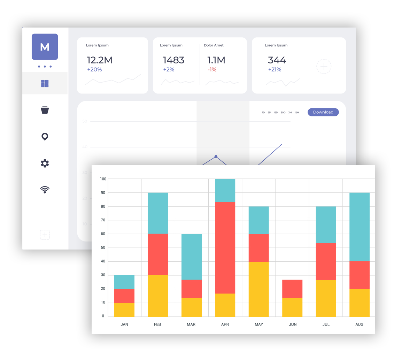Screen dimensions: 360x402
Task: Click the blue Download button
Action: [x=323, y=112]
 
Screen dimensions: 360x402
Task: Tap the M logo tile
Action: [x=45, y=47]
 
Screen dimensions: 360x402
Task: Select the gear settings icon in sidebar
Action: [x=45, y=163]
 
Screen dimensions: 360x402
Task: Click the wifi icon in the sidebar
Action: [x=45, y=190]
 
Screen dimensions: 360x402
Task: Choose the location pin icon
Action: [x=45, y=137]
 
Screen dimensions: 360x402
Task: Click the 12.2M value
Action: [x=99, y=60]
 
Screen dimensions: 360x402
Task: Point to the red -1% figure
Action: [x=212, y=70]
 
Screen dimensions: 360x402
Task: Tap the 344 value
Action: [x=277, y=60]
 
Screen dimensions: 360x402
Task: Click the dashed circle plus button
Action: [x=324, y=66]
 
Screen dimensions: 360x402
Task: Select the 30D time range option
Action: [x=283, y=113]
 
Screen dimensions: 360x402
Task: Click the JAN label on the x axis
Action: [x=124, y=324]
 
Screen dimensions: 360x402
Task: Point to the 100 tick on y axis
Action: [x=102, y=179]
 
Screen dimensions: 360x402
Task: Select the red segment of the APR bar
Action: [x=225, y=247]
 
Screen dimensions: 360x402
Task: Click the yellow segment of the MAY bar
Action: [x=258, y=289]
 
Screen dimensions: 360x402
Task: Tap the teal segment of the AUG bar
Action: [x=359, y=227]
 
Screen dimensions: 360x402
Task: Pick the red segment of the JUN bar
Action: [x=292, y=289]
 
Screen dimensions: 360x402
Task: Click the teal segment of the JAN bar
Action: [x=124, y=282]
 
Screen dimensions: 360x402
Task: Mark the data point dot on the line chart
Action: [x=216, y=156]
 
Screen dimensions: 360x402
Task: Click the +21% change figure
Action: [x=275, y=70]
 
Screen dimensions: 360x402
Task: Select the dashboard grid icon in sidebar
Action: [x=45, y=83]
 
